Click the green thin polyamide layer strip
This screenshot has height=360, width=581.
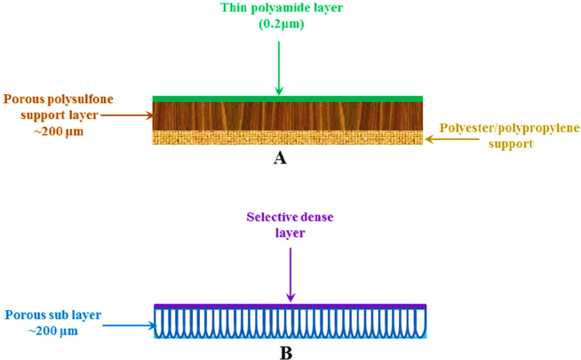(288, 99)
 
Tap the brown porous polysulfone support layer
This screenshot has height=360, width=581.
(288, 116)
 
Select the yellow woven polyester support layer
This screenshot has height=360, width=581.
(288, 137)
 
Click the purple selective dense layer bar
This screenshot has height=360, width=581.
(290, 306)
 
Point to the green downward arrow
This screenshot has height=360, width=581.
(279, 68)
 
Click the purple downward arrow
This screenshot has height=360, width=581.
(290, 275)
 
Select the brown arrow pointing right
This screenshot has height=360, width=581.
(127, 116)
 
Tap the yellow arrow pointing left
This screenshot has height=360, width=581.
(452, 139)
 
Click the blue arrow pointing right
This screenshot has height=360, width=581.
(130, 325)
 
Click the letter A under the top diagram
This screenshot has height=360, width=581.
(280, 158)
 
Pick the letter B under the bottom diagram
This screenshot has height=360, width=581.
(286, 353)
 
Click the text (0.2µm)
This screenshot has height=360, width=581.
(282, 24)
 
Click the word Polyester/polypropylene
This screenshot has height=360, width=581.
(510, 128)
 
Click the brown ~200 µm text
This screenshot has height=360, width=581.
(59, 132)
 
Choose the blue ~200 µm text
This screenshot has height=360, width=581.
(53, 331)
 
